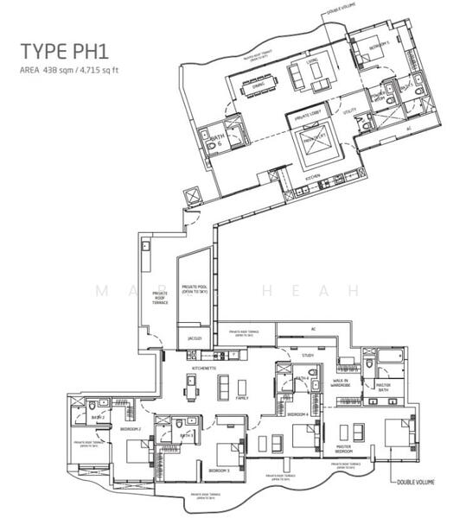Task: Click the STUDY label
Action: [x=307, y=355]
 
